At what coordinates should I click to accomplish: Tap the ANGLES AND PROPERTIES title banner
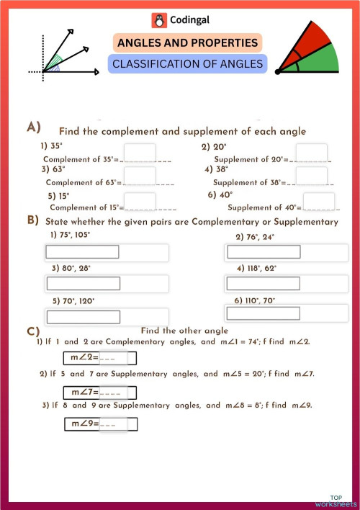[x=186, y=43]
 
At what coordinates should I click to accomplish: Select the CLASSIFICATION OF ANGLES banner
[x=187, y=64]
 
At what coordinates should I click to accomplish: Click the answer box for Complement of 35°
[x=139, y=153]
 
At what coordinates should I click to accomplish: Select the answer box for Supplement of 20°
[x=311, y=153]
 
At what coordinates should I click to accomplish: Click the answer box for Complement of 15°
[x=139, y=202]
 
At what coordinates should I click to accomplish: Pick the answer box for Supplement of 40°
[x=318, y=202]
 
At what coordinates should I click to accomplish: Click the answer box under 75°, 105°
[x=83, y=252]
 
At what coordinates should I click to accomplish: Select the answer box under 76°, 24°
[x=264, y=252]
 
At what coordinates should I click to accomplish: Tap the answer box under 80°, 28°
[x=83, y=283]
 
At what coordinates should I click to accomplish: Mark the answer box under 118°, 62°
[x=264, y=283]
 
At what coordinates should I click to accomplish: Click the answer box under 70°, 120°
[x=83, y=316]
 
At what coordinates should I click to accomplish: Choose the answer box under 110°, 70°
[x=263, y=313]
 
